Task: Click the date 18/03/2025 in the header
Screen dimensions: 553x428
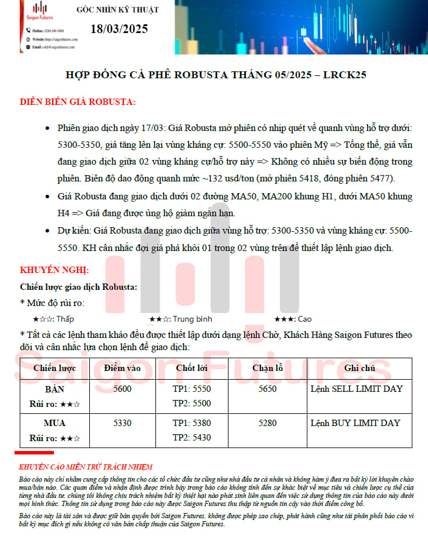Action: [x=119, y=29]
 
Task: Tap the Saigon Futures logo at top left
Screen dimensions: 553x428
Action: [x=39, y=11]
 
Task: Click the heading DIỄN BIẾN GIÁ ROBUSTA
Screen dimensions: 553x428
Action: [x=78, y=103]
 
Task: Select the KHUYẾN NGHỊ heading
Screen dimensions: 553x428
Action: [x=55, y=270]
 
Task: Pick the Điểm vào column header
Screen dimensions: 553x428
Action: [x=122, y=368]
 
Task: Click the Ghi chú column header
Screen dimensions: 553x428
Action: [x=360, y=368]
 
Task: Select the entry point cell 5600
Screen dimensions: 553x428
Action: [x=122, y=389]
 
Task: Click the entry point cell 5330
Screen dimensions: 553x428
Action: [x=122, y=423]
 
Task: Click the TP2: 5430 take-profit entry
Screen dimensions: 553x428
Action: [x=191, y=438]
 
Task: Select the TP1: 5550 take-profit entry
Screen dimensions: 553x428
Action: [x=191, y=389]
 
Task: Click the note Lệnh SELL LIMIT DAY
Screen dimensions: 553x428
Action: [x=356, y=389]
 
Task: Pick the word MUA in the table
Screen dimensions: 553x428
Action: [x=55, y=423]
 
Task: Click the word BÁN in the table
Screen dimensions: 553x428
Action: [x=55, y=389]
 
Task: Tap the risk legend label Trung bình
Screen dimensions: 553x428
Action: [x=193, y=319]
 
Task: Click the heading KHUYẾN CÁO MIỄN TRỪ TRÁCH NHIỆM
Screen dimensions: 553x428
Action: [x=85, y=467]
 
